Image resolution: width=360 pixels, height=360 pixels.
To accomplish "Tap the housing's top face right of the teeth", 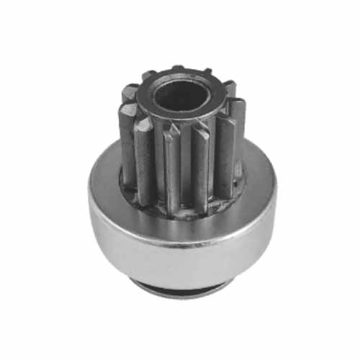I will (x=256, y=169).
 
